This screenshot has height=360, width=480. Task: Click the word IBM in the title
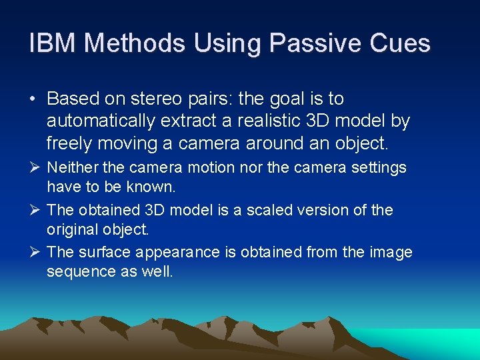coord(53,44)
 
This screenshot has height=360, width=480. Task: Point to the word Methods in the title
coord(136,44)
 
